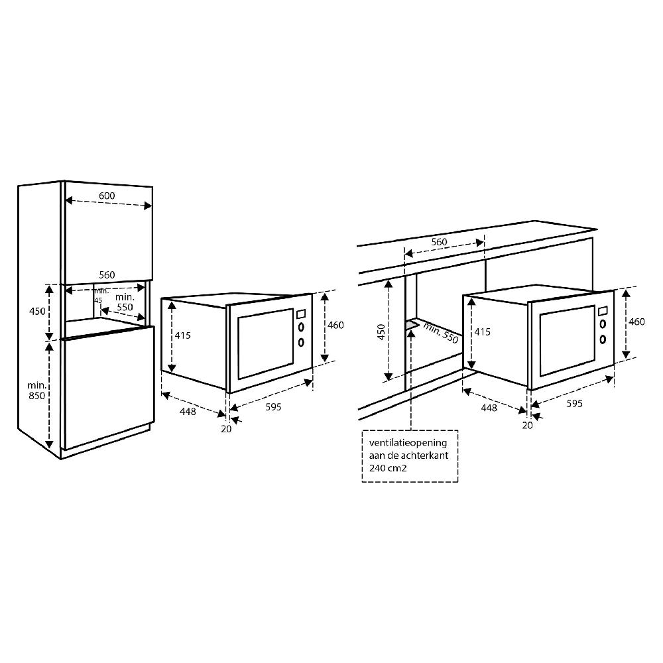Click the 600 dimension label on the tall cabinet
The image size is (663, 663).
107,196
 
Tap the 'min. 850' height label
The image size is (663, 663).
36,390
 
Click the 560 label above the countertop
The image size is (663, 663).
439,242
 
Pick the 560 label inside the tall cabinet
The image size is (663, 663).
107,274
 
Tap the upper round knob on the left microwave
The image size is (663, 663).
301,328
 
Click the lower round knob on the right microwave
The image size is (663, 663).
603,339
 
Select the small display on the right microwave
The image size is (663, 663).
602,310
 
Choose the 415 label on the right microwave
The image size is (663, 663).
483,331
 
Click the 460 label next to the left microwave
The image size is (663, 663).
336,325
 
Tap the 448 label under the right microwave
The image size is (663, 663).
489,408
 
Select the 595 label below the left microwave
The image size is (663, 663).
273,407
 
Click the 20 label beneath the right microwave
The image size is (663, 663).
527,426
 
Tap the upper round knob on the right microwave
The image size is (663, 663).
603,324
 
